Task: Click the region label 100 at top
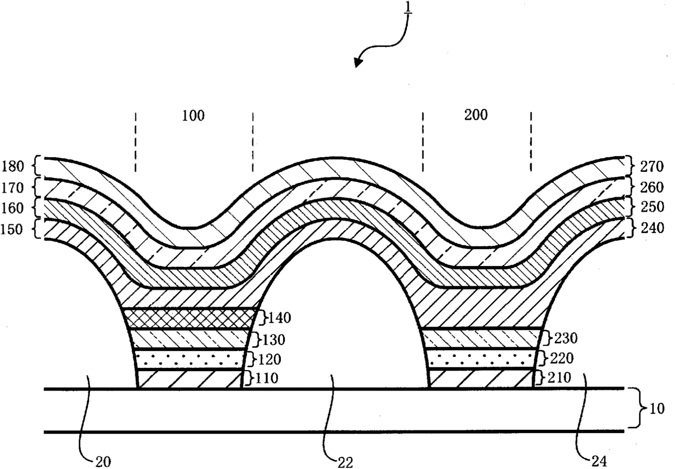click(193, 116)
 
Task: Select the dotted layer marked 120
click(188, 359)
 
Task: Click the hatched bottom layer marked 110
click(188, 379)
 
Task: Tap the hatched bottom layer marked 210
click(481, 379)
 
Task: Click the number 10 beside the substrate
click(657, 409)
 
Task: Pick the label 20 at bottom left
click(103, 462)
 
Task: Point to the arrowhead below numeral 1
click(358, 63)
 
